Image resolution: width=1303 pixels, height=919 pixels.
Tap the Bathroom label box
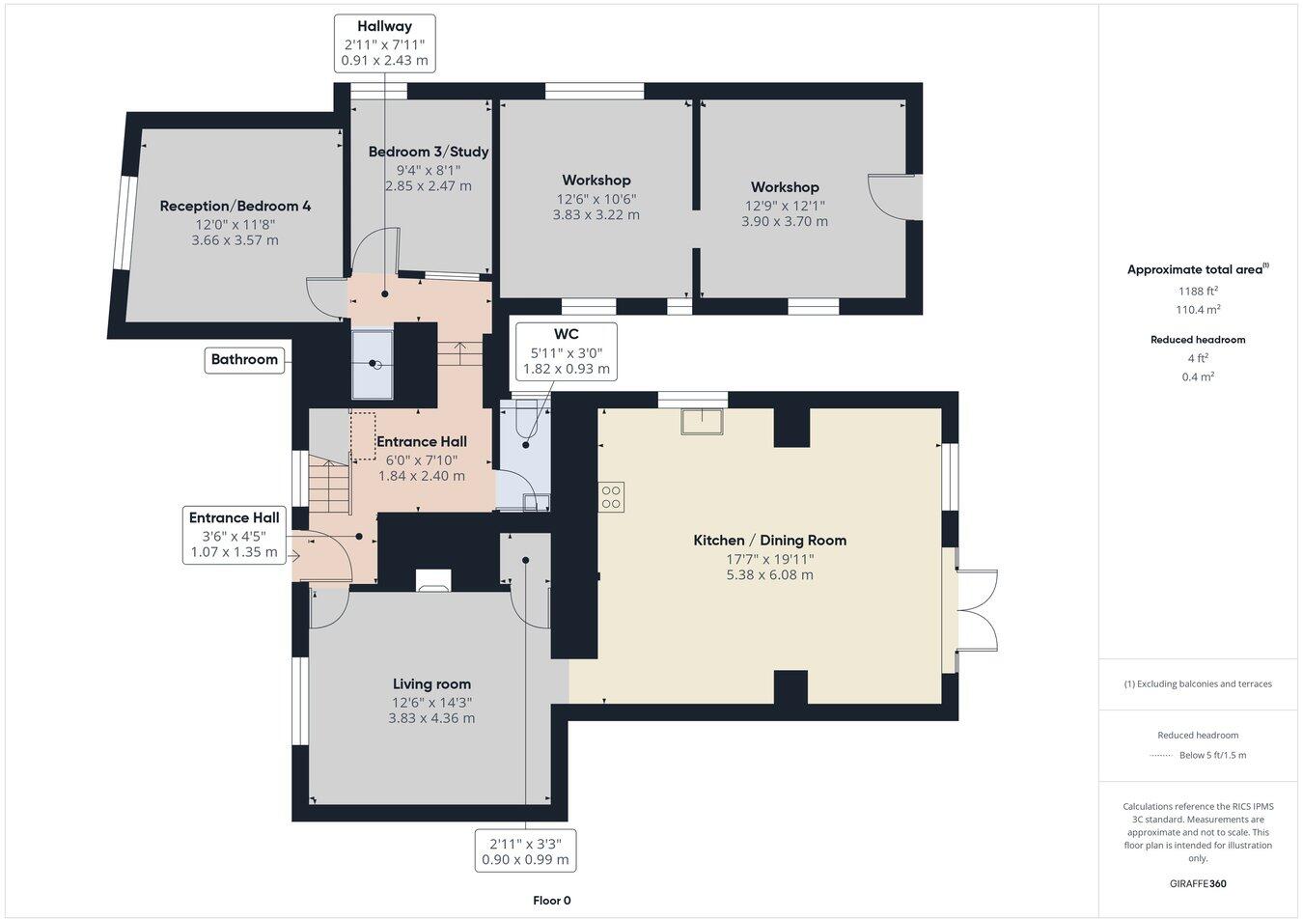(x=244, y=359)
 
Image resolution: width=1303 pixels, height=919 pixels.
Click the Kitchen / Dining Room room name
(x=769, y=541)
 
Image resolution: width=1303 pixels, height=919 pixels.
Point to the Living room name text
(x=431, y=684)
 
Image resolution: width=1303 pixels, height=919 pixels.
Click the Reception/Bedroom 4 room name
(x=235, y=206)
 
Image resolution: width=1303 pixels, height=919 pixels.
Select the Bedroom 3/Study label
(x=428, y=152)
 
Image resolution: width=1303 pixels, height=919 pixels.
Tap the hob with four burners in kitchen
(x=612, y=496)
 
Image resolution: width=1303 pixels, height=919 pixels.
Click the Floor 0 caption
(x=552, y=901)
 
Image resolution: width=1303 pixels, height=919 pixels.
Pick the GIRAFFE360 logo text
(x=1198, y=883)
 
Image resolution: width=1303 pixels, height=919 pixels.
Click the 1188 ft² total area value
(x=1198, y=291)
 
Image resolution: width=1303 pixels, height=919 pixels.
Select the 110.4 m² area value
(x=1198, y=310)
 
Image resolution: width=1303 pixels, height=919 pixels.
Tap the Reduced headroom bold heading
(x=1198, y=340)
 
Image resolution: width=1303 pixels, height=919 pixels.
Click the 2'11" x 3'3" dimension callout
(x=525, y=850)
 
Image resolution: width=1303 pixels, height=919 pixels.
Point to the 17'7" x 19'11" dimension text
(x=769, y=558)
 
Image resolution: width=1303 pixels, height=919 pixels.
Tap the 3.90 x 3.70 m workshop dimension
(x=784, y=221)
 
